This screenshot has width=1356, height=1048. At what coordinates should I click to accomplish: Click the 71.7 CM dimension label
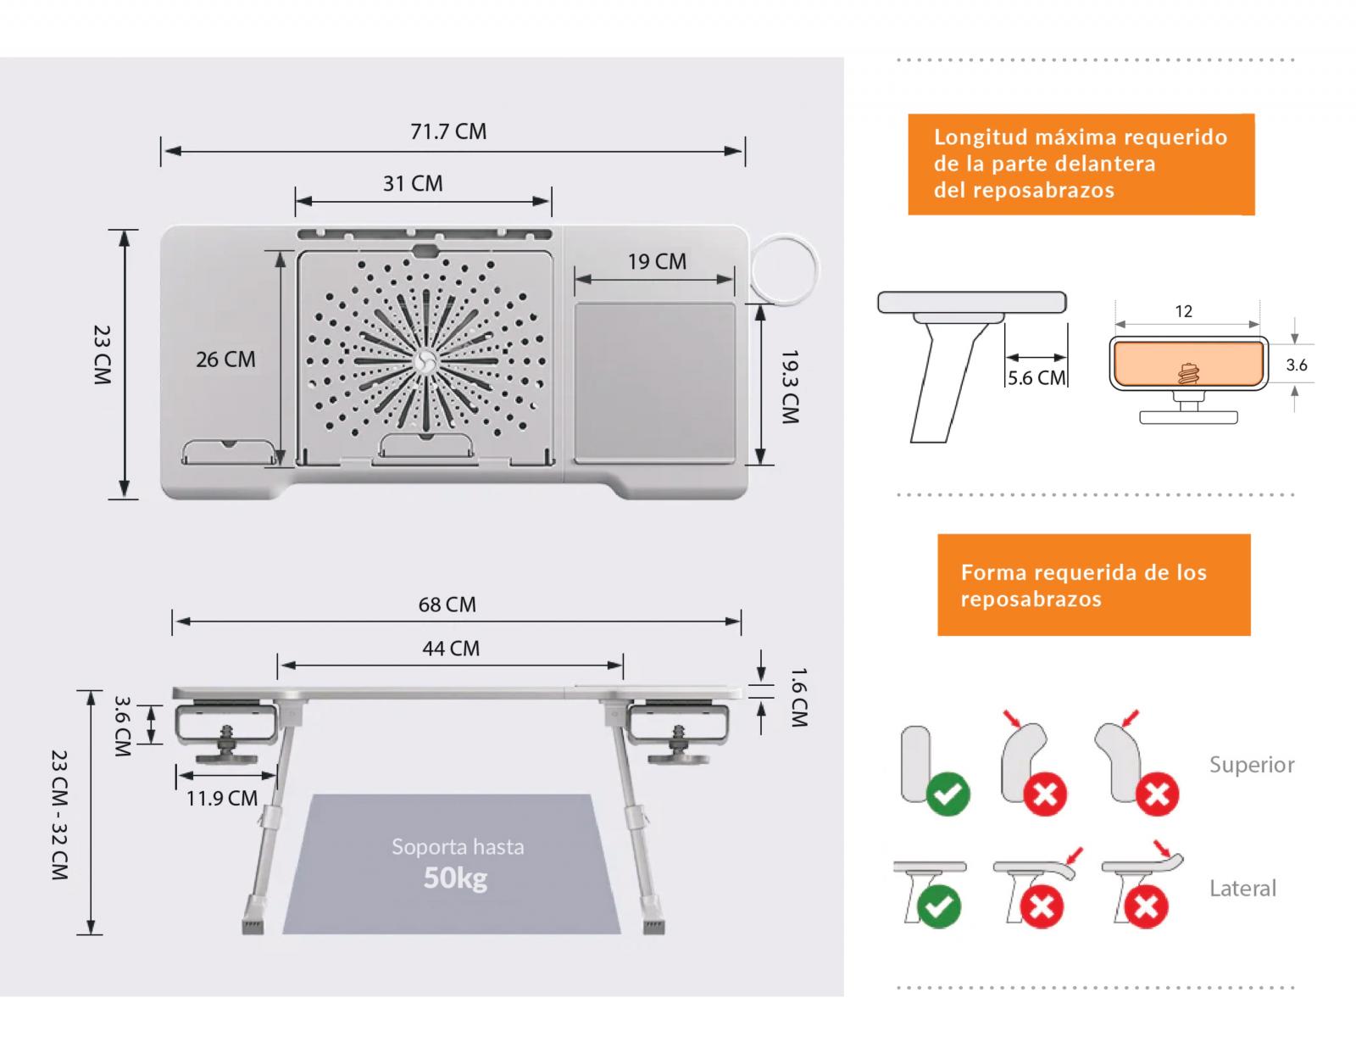click(x=448, y=131)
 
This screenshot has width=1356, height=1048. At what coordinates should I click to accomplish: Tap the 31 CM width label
click(x=413, y=183)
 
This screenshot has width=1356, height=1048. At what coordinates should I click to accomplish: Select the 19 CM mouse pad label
click(x=657, y=261)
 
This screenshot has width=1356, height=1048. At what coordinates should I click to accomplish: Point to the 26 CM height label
click(x=225, y=360)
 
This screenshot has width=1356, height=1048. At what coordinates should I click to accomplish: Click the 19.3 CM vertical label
click(x=790, y=387)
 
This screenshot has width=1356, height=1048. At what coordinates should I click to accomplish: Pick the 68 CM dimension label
click(x=447, y=605)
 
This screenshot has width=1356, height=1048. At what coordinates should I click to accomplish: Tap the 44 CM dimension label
click(x=451, y=649)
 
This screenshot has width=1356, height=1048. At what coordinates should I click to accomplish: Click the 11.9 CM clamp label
click(x=222, y=798)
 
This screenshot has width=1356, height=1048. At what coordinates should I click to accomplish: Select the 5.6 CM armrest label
click(x=1036, y=378)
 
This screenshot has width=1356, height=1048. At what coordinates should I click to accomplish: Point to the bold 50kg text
click(x=456, y=877)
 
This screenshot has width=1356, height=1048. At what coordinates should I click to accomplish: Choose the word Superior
click(x=1252, y=765)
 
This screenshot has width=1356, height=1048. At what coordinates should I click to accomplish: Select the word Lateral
click(x=1242, y=889)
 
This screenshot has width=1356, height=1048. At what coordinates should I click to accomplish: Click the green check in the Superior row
click(x=948, y=794)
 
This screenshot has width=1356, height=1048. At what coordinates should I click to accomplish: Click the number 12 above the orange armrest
click(x=1184, y=311)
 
